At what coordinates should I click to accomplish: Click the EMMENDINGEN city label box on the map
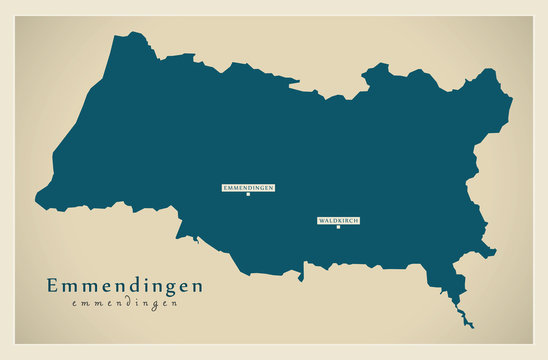(248, 187)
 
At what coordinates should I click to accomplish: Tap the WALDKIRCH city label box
(338, 220)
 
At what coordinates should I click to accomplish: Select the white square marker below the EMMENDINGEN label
(248, 194)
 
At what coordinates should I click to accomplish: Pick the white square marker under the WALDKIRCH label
(338, 227)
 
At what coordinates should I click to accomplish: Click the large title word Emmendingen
(124, 286)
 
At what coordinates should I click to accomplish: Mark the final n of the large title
(196, 287)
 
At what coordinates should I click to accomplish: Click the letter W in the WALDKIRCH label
(321, 220)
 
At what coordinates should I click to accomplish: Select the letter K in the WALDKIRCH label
(338, 220)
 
